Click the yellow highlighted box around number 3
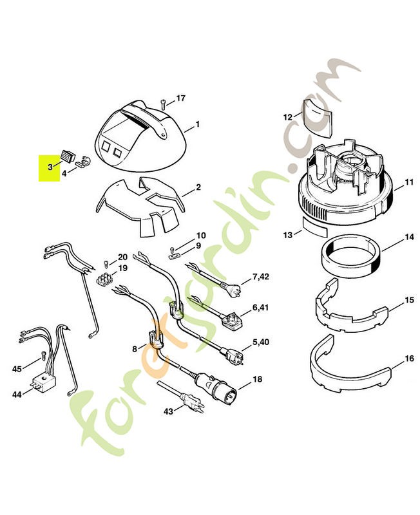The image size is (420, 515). tap(49, 168)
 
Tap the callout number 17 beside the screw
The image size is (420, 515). tap(180, 98)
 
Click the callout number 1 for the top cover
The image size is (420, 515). tap(197, 124)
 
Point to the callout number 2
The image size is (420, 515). tap(198, 187)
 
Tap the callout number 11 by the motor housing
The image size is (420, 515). tap(409, 183)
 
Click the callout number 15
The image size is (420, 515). tap(409, 300)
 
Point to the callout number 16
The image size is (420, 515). tap(409, 358)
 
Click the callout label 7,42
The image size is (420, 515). tap(261, 277)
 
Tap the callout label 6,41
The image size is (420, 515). tap(261, 308)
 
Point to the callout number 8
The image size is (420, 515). tap(135, 348)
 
